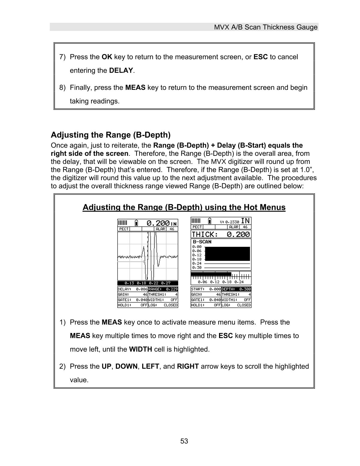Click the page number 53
(184, 441)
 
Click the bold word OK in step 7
(107, 57)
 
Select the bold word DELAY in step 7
(121, 71)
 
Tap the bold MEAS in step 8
(135, 88)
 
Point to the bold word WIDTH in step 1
(140, 349)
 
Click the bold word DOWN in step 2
(126, 367)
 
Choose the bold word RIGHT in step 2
(188, 367)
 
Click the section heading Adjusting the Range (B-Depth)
(111, 135)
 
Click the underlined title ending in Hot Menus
(184, 207)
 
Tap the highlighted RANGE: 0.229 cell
(163, 289)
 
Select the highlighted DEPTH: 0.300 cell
(236, 289)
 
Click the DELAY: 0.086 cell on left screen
(132, 289)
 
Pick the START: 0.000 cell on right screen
(206, 289)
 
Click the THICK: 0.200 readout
(221, 234)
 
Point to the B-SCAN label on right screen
(202, 242)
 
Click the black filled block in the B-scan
(227, 254)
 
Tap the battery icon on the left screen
(136, 223)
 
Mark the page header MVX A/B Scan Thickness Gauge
(265, 27)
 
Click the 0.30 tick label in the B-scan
(197, 268)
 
